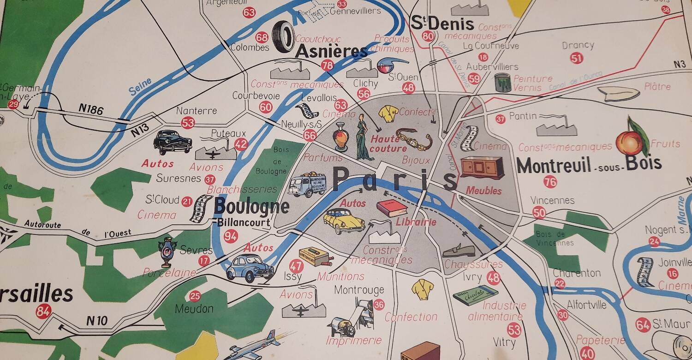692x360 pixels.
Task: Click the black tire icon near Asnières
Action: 283,36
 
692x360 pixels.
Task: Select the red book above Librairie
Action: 392,209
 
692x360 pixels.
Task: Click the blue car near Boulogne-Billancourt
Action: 250,268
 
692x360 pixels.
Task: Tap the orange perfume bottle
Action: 341,138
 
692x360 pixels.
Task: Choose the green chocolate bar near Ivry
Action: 475,294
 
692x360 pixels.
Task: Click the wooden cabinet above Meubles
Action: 482,168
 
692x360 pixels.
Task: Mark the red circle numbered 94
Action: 231,236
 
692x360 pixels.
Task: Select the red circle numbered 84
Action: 43,312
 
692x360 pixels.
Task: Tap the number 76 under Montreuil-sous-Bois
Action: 550,182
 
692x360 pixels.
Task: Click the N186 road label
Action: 91,108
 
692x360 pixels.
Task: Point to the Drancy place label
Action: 578,46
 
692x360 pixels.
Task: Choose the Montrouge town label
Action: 359,290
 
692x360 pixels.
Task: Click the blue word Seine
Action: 140,87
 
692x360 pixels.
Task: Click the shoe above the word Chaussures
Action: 459,250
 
